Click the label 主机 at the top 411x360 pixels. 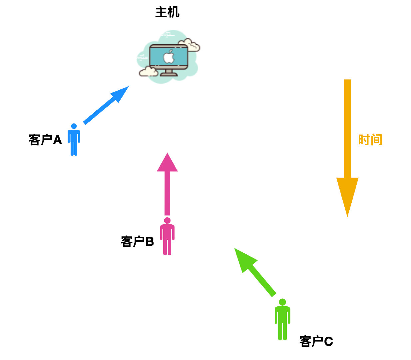click(167, 12)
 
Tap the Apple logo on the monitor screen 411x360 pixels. click(169, 57)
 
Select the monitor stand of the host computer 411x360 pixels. click(169, 73)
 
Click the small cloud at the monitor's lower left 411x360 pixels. click(148, 71)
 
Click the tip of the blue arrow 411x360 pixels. click(127, 87)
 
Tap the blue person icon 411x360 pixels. click(74, 140)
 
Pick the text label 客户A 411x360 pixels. click(45, 140)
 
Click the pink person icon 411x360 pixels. click(167, 237)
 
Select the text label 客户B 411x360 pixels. click(137, 241)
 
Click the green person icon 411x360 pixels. click(282, 320)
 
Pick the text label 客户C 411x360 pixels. click(316, 341)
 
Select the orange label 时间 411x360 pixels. click(370, 140)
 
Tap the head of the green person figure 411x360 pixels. click(282, 302)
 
